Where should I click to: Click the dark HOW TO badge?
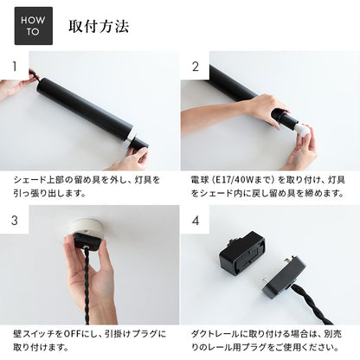click(34, 26)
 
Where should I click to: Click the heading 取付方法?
click(99, 26)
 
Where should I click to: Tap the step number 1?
click(15, 67)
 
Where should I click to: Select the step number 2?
click(196, 67)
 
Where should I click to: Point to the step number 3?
click(15, 221)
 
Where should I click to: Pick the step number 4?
click(196, 221)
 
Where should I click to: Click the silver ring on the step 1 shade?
click(132, 137)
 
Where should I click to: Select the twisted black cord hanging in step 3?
click(87, 285)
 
